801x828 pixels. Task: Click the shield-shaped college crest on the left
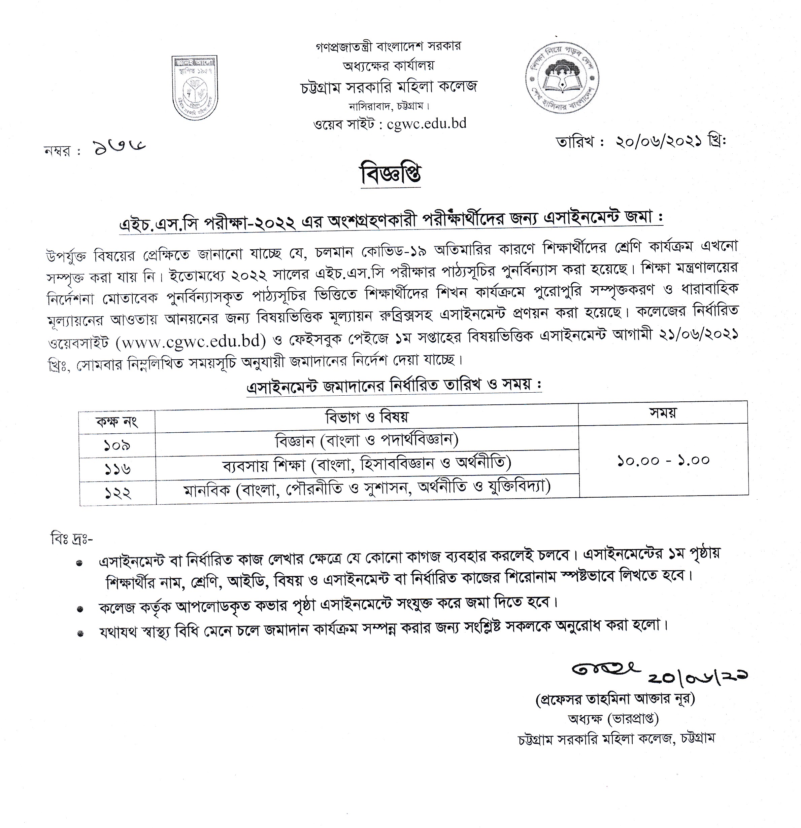coord(194,87)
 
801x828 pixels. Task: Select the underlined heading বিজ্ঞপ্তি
coord(391,175)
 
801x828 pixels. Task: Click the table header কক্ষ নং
coord(117,421)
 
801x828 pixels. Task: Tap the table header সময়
coord(663,412)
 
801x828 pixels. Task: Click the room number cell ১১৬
coord(117,469)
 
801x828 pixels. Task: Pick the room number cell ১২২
coord(118,493)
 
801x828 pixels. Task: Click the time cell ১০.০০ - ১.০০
coord(663,460)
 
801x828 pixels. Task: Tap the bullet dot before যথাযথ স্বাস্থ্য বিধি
coord(80,633)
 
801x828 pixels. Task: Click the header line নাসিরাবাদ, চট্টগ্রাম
coord(389,106)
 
